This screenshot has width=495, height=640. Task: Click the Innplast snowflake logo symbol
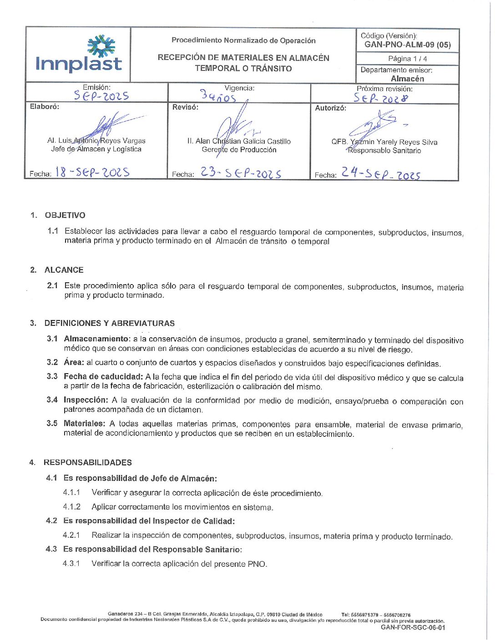coord(101,45)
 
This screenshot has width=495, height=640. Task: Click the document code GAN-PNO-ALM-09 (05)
coord(408,45)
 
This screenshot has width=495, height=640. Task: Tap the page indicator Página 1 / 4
coord(407,59)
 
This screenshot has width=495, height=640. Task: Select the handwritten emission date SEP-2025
coord(101,95)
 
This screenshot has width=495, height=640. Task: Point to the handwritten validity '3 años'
coord(218,96)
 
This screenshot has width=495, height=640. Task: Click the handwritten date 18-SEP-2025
coord(92,172)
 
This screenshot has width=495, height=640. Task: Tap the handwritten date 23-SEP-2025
coord(241,173)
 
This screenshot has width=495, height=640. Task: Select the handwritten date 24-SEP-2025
coord(381,173)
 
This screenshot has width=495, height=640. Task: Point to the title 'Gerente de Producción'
coord(239,150)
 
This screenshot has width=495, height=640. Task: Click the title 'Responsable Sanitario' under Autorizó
coord(384,150)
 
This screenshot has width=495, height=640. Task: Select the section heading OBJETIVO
coord(65,215)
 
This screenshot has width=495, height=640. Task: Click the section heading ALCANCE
coord(64,270)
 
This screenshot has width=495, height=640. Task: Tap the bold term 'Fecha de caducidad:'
coord(103,376)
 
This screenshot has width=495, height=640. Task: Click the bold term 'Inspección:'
coord(86,400)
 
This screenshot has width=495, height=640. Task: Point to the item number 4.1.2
coord(72,507)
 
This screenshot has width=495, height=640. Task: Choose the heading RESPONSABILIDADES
coord(88,462)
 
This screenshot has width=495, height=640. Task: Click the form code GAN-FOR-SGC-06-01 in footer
coord(413,628)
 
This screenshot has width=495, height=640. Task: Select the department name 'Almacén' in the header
coord(407,79)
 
